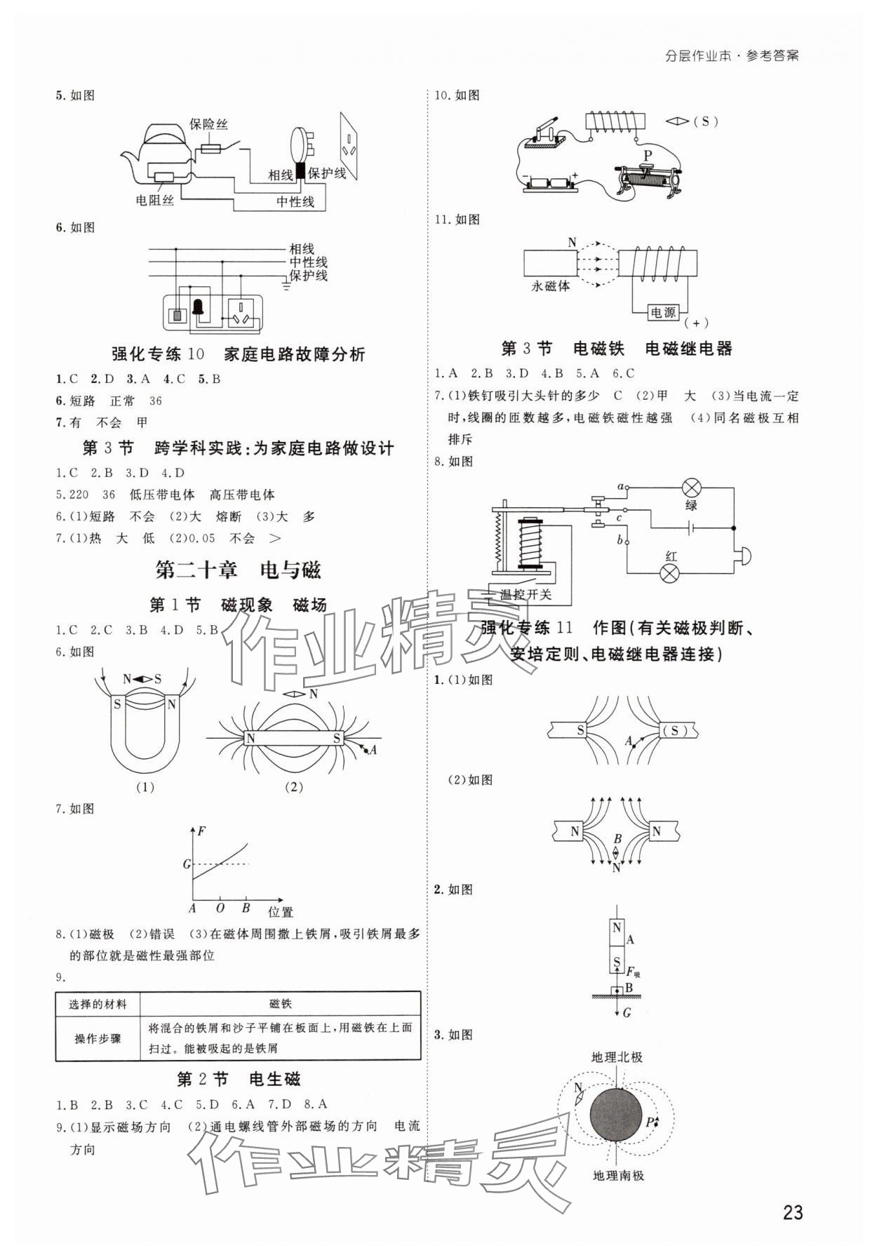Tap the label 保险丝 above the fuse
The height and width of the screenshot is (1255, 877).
click(x=208, y=124)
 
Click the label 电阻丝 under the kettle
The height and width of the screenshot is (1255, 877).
click(x=154, y=200)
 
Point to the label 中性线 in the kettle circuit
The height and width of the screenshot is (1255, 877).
click(x=295, y=201)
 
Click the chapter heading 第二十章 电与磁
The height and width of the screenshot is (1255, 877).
click(x=238, y=570)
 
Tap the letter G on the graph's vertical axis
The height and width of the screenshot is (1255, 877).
click(x=187, y=864)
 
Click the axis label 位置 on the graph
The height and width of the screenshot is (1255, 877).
click(x=281, y=912)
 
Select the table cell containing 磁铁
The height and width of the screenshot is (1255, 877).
click(x=280, y=1004)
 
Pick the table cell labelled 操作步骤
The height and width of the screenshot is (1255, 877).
click(x=98, y=1038)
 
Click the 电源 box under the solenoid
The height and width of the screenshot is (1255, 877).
click(x=662, y=312)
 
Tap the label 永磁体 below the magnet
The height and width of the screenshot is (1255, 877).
click(x=551, y=286)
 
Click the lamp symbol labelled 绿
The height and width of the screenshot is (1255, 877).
click(x=692, y=488)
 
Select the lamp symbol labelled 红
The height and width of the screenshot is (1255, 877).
click(x=671, y=573)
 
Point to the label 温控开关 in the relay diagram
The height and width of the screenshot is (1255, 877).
click(x=525, y=595)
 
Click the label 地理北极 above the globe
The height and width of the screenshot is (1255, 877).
click(x=617, y=1056)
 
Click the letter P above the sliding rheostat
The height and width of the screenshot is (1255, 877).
click(x=647, y=155)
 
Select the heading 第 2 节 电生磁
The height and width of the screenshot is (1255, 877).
click(x=239, y=1079)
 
